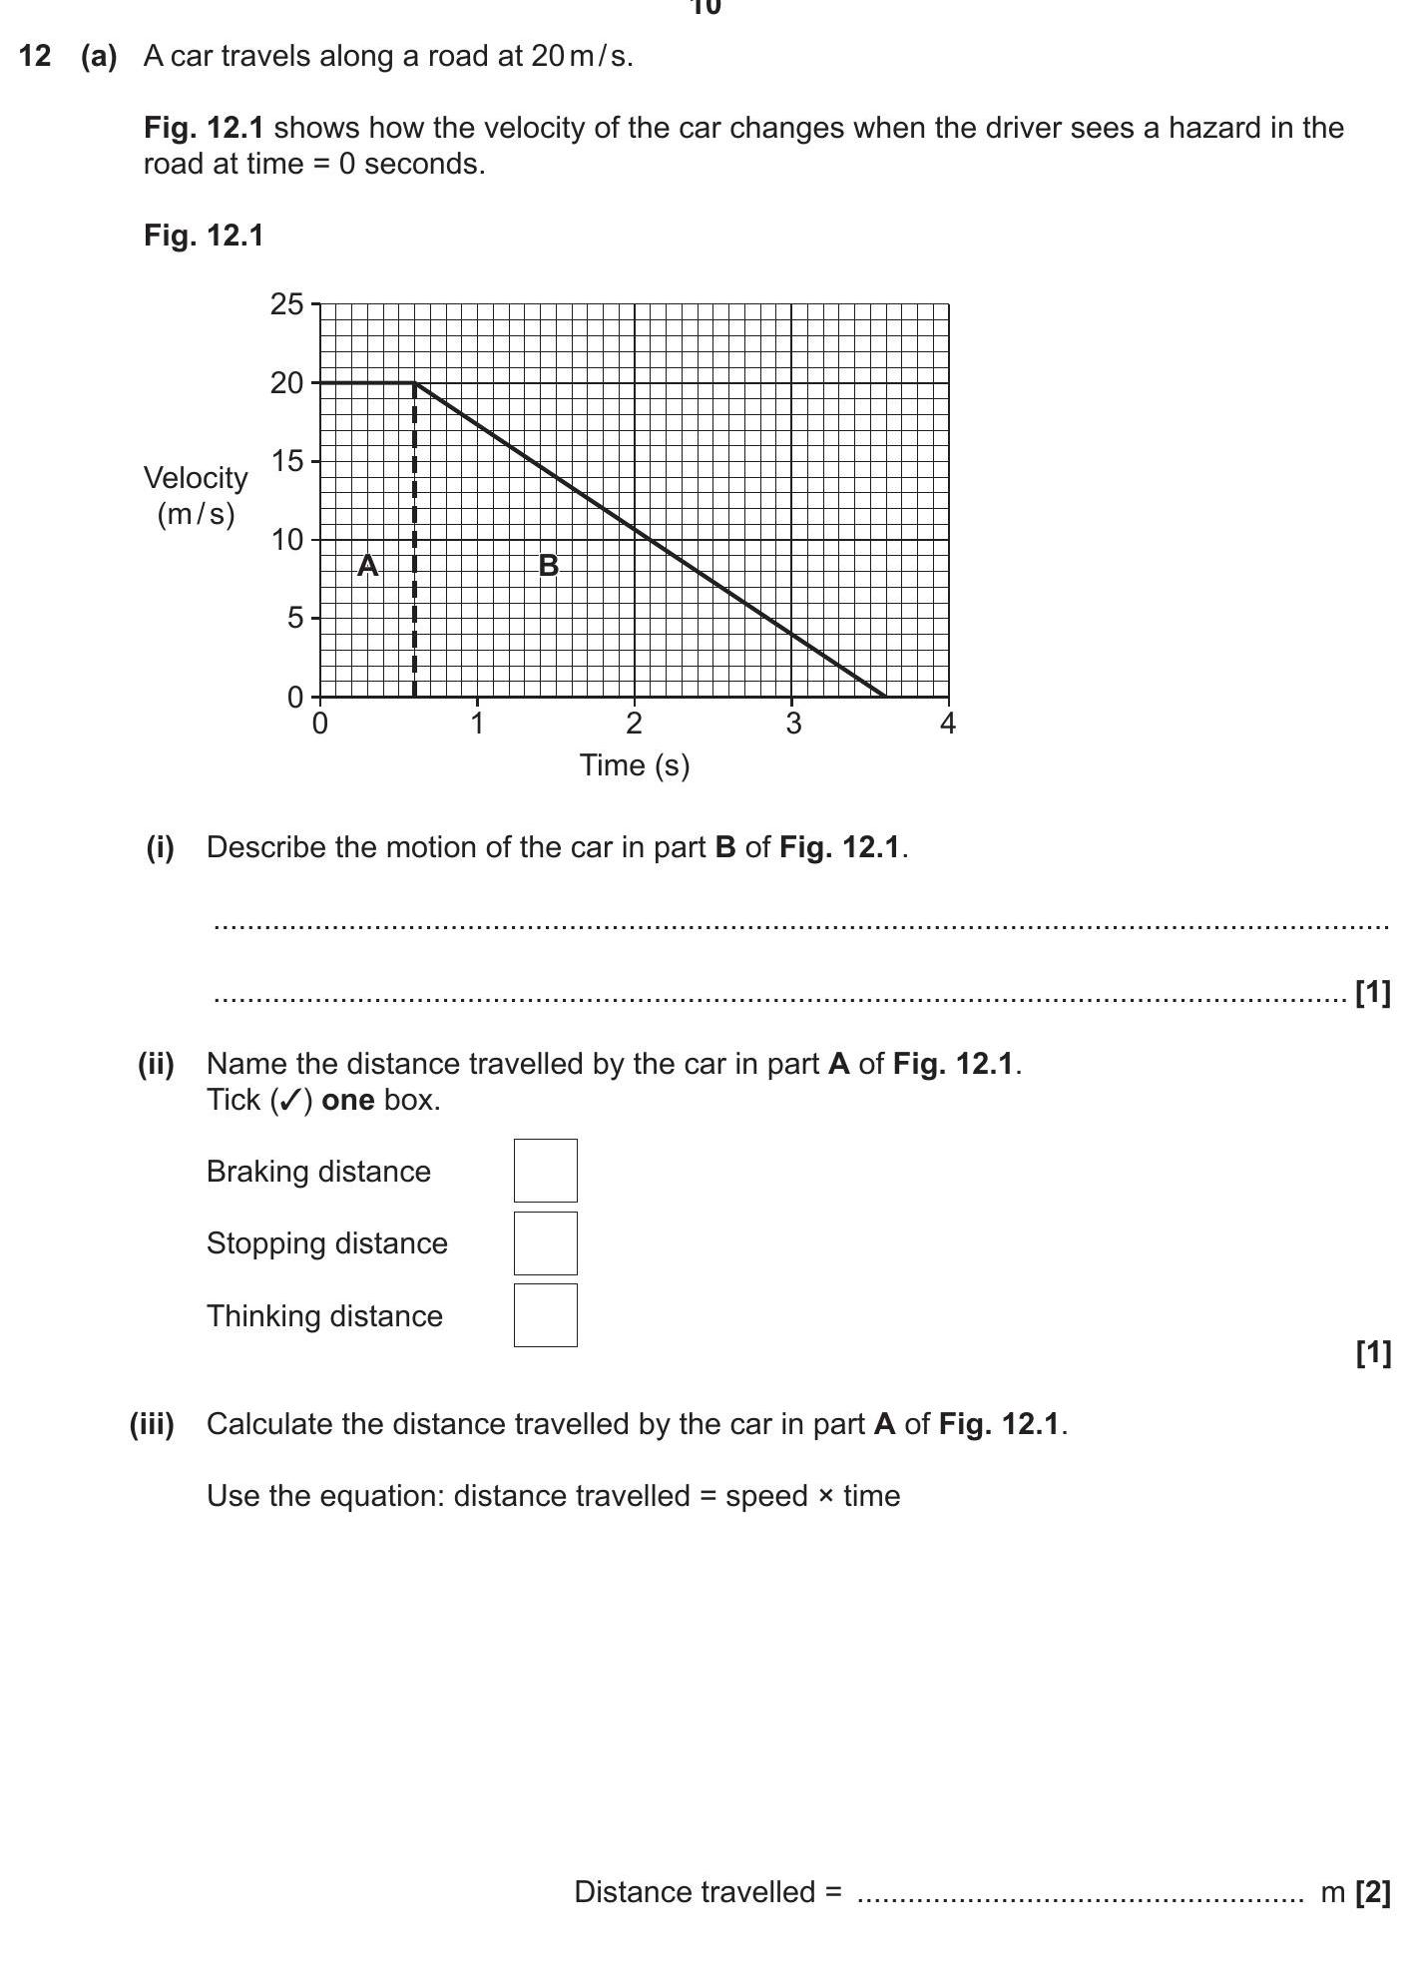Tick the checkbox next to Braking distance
(545, 1170)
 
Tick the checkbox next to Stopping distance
(545, 1242)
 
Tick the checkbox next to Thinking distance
(545, 1314)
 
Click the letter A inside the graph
(367, 566)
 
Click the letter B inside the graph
(548, 566)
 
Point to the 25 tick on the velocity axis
(286, 304)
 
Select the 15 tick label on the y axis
(286, 461)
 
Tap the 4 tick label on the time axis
(947, 724)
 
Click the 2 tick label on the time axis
(634, 724)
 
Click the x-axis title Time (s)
(635, 765)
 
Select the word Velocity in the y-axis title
(196, 478)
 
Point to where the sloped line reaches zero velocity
(884, 696)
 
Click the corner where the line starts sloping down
(414, 383)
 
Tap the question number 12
(34, 56)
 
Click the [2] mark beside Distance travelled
(1372, 1892)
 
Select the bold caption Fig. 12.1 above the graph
(204, 236)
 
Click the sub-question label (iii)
(152, 1424)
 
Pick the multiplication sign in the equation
(825, 1496)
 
